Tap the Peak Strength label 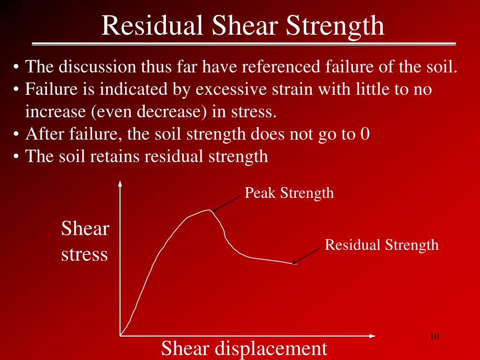pos(289,193)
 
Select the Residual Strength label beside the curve pos(382,245)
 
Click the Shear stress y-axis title pos(85,242)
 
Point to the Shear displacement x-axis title pos(244,348)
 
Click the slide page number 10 pos(434,337)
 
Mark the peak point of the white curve pos(210,210)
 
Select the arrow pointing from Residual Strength pos(308,255)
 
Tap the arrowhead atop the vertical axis pos(120,183)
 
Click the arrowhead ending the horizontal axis pos(372,336)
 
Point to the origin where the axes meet pos(120,336)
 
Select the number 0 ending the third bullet pos(365,134)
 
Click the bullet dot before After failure pos(16,135)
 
